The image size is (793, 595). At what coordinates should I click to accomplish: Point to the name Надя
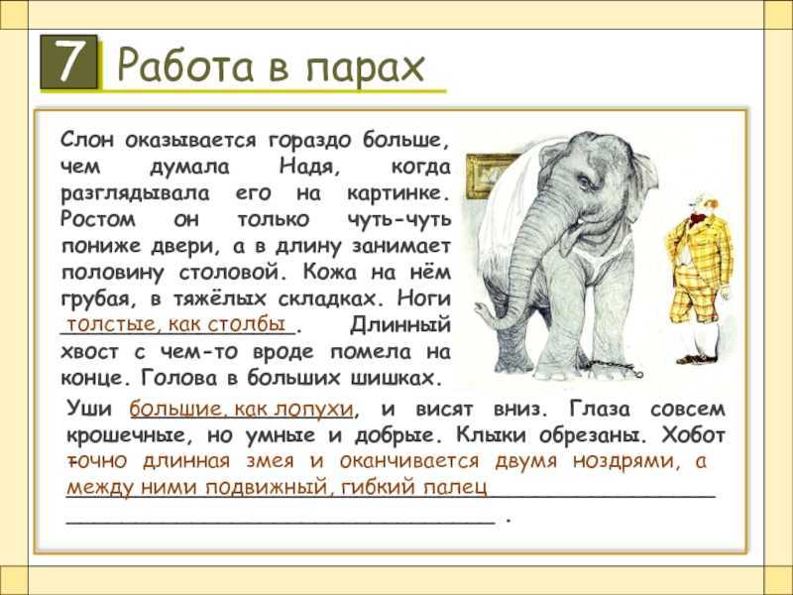click(x=309, y=166)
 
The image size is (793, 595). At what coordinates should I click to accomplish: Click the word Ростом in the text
click(x=98, y=219)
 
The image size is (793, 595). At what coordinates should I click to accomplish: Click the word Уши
click(x=89, y=408)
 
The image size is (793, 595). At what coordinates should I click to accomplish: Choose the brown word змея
click(x=270, y=461)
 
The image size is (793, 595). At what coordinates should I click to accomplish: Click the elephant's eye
click(x=583, y=182)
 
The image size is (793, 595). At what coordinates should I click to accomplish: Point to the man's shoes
click(x=698, y=359)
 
